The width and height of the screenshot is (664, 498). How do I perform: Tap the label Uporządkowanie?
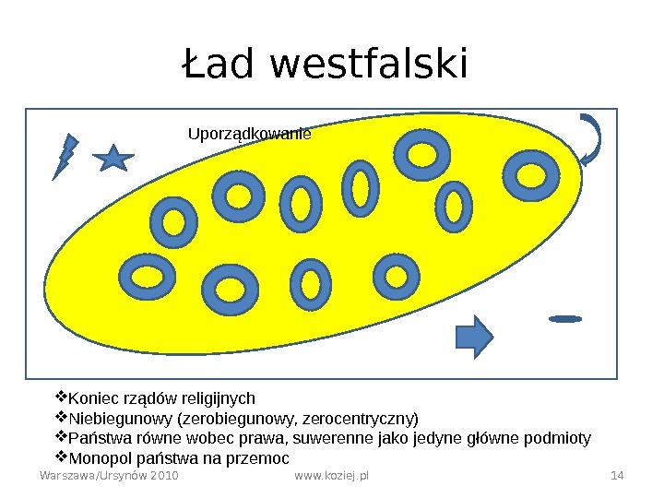[x=249, y=134]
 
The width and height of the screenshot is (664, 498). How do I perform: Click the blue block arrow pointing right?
[x=476, y=336]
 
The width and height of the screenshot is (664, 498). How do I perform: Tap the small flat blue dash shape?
[x=565, y=319]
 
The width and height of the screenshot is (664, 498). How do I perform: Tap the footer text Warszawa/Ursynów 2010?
[x=109, y=476]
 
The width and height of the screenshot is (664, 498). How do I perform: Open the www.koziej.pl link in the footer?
[x=331, y=476]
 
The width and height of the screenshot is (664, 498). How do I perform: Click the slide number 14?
[x=618, y=476]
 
